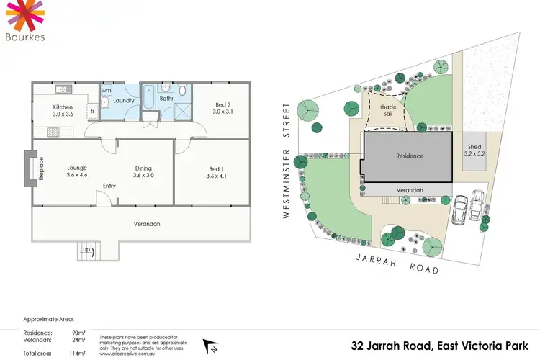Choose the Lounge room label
(x=77, y=169)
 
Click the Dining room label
(x=143, y=169)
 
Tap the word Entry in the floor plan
(x=109, y=186)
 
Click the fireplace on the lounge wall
(x=30, y=168)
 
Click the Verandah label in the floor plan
(x=147, y=224)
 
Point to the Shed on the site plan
(x=474, y=150)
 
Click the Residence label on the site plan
(x=410, y=156)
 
